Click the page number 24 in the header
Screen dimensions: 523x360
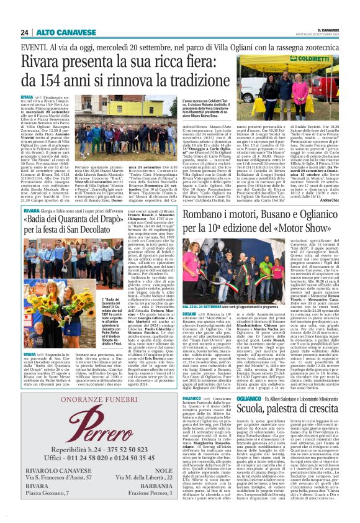25,32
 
